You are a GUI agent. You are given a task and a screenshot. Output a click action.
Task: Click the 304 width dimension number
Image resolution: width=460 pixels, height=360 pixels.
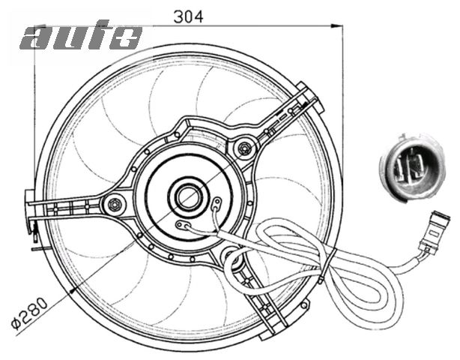click(x=188, y=17)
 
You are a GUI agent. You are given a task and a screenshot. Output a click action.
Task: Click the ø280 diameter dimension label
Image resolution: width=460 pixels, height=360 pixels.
click(x=29, y=313)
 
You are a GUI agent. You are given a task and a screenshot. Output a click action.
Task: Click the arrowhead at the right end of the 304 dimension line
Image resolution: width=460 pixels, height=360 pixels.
click(x=337, y=26)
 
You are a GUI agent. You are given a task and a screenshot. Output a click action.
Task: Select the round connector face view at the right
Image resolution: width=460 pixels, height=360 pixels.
click(x=412, y=168)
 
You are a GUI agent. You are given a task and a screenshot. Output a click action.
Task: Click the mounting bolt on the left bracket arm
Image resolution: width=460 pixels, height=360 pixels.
click(x=115, y=204)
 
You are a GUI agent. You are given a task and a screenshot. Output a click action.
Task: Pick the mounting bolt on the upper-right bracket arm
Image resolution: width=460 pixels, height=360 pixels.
click(x=245, y=148)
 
